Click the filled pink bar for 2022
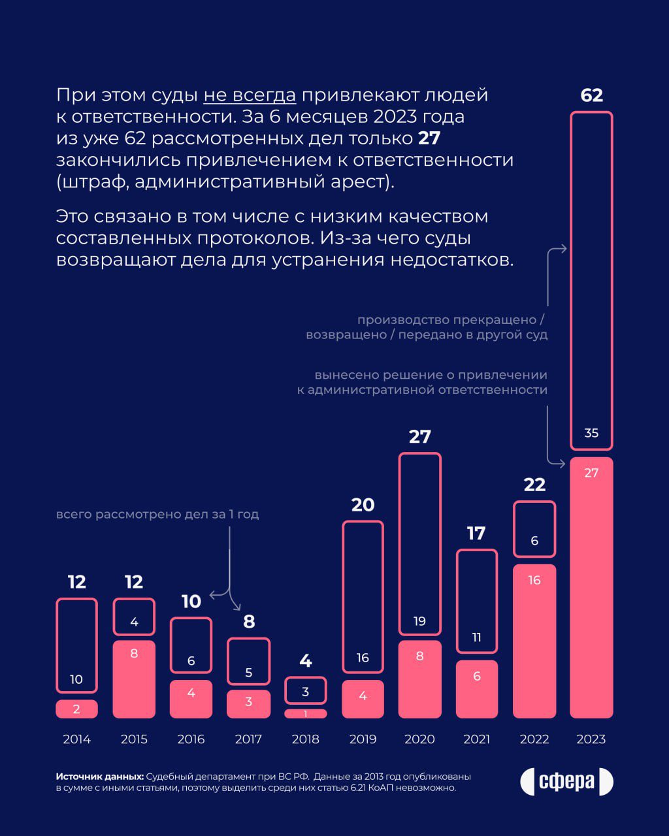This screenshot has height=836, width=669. pyautogui.click(x=534, y=640)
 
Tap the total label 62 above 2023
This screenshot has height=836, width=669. pyautogui.click(x=591, y=95)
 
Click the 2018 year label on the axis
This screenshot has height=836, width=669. pyautogui.click(x=305, y=739)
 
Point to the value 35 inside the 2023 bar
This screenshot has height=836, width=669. pyautogui.click(x=591, y=433)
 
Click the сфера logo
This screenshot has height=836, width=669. pyautogui.click(x=566, y=782)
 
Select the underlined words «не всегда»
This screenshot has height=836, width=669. pyautogui.click(x=250, y=95)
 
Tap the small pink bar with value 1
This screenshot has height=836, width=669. pyautogui.click(x=305, y=713)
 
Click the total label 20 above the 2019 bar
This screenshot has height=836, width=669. pyautogui.click(x=363, y=505)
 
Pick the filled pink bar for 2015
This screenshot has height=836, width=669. pyautogui.click(x=134, y=679)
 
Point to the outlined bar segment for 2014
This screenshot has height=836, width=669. pyautogui.click(x=76, y=645)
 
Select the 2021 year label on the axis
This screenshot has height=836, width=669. pyautogui.click(x=476, y=739)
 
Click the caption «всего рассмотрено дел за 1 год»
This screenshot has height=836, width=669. pyautogui.click(x=157, y=514)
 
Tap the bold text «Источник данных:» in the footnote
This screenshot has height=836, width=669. pyautogui.click(x=99, y=777)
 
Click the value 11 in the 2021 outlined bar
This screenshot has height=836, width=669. pyautogui.click(x=476, y=637)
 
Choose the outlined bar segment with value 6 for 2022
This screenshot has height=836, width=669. pyautogui.click(x=534, y=529)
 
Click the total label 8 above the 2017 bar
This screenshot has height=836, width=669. pyautogui.click(x=248, y=621)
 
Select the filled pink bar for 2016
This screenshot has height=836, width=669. pyautogui.click(x=191, y=699)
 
